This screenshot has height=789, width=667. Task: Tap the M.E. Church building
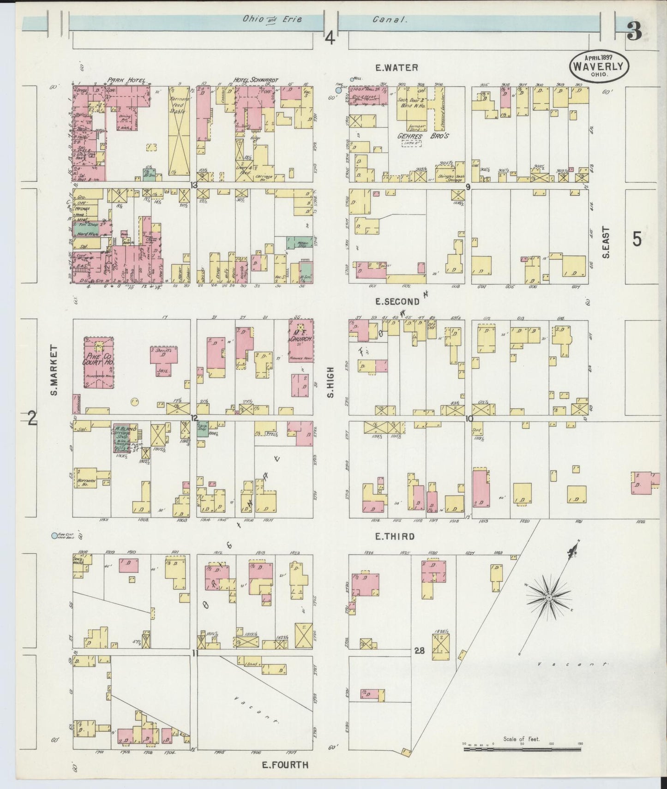(x=301, y=341)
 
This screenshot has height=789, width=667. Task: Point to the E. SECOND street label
(x=397, y=302)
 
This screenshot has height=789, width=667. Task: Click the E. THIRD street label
(x=395, y=537)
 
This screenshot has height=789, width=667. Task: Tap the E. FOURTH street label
(x=285, y=765)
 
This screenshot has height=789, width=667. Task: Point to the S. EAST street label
(x=606, y=242)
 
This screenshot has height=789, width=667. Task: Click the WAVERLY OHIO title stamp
(x=599, y=66)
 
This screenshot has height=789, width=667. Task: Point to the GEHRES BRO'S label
(x=423, y=137)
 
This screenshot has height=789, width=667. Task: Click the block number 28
(x=419, y=652)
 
